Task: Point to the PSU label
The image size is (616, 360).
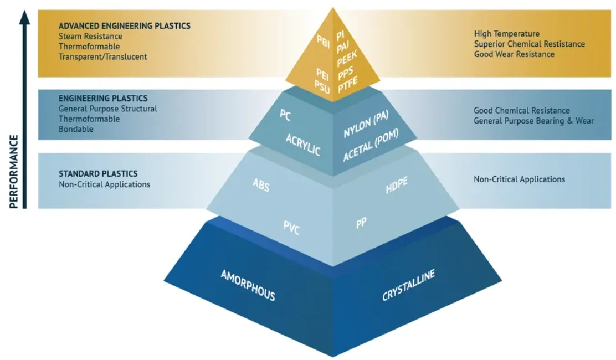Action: [322, 85]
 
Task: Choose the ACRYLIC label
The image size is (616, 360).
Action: [303, 144]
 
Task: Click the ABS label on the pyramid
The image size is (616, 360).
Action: [261, 185]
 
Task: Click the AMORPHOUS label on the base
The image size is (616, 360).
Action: [248, 285]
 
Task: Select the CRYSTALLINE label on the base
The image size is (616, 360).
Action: [408, 285]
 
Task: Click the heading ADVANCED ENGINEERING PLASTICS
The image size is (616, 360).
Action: [125, 26]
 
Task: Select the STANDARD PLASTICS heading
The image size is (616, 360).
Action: [98, 174]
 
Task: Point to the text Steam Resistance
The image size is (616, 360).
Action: [90, 37]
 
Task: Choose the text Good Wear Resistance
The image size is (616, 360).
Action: [514, 54]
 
